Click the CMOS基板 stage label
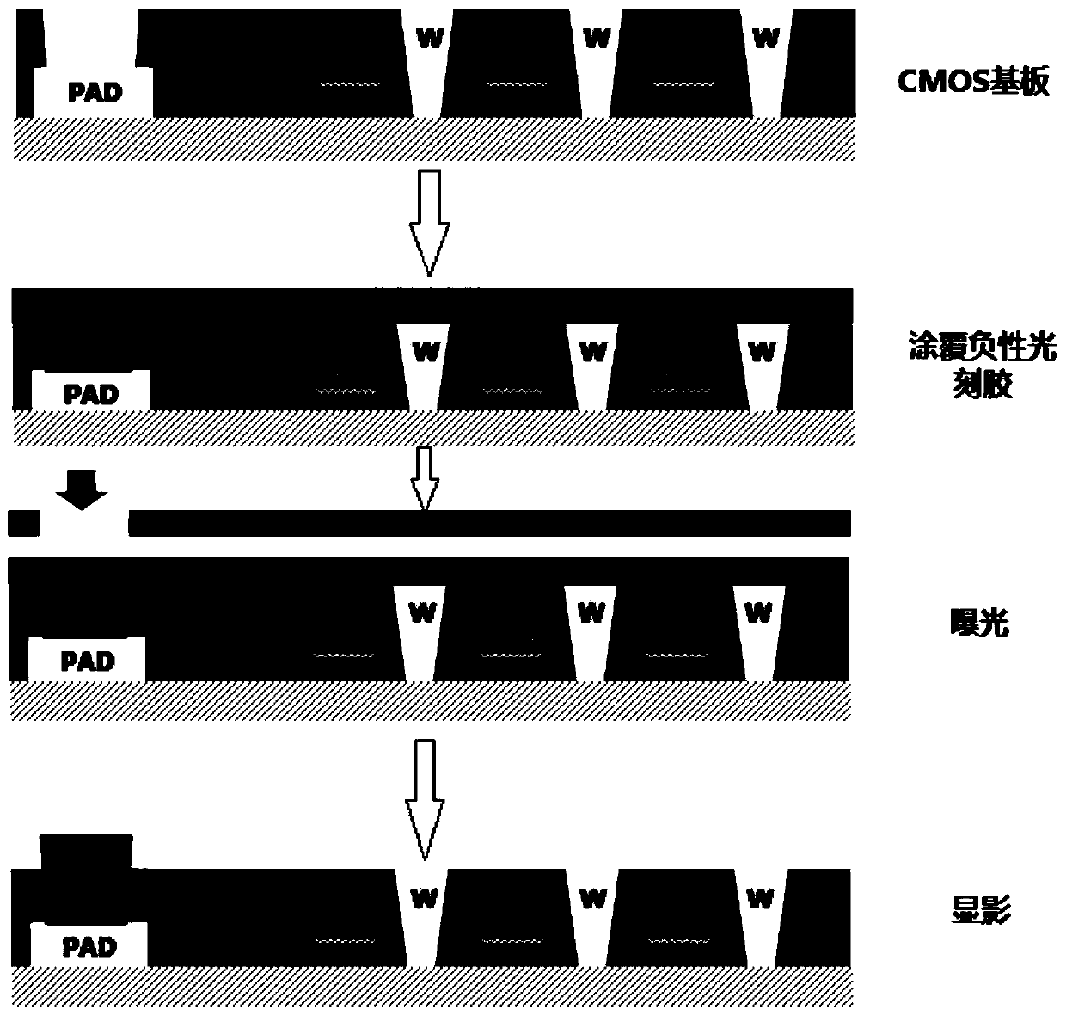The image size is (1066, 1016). pyautogui.click(x=973, y=83)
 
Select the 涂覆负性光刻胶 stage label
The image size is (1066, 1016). pyautogui.click(x=982, y=366)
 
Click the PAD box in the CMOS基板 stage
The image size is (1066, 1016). pyautogui.click(x=94, y=93)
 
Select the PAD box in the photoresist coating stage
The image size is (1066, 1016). pyautogui.click(x=90, y=393)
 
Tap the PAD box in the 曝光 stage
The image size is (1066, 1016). pyautogui.click(x=87, y=661)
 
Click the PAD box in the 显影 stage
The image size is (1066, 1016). pyautogui.click(x=89, y=946)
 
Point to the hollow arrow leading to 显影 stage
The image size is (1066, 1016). pyautogui.click(x=422, y=797)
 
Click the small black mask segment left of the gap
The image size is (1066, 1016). pyautogui.click(x=23, y=522)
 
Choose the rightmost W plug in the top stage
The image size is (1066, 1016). pyautogui.click(x=765, y=60)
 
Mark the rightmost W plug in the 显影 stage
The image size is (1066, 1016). pyautogui.click(x=760, y=908)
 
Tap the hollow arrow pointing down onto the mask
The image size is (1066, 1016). pyautogui.click(x=422, y=478)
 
